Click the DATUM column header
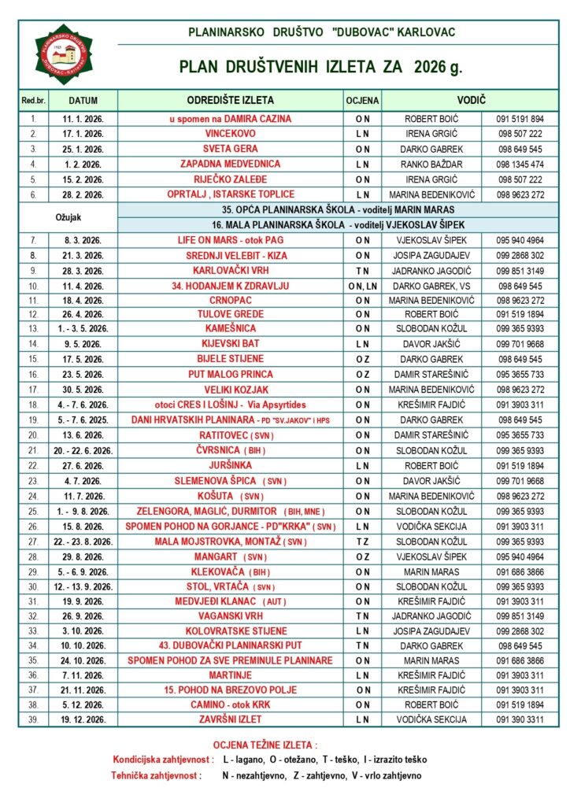coord(83,101)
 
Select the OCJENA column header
coord(362,101)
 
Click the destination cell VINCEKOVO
coord(231,134)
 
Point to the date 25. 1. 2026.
coord(83,149)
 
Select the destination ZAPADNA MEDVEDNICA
coord(231,164)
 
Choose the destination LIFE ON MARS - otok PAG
coord(231,239)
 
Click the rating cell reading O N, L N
coord(362,285)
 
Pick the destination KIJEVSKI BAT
coord(231,344)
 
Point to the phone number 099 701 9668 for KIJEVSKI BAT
coord(520,344)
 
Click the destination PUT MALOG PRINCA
coord(231,374)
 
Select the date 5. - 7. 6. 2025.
coord(83,420)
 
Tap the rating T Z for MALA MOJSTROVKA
coord(362,542)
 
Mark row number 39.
coord(33,719)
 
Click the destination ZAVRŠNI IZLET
coord(231,719)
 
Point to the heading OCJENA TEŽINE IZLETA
coord(265,745)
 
